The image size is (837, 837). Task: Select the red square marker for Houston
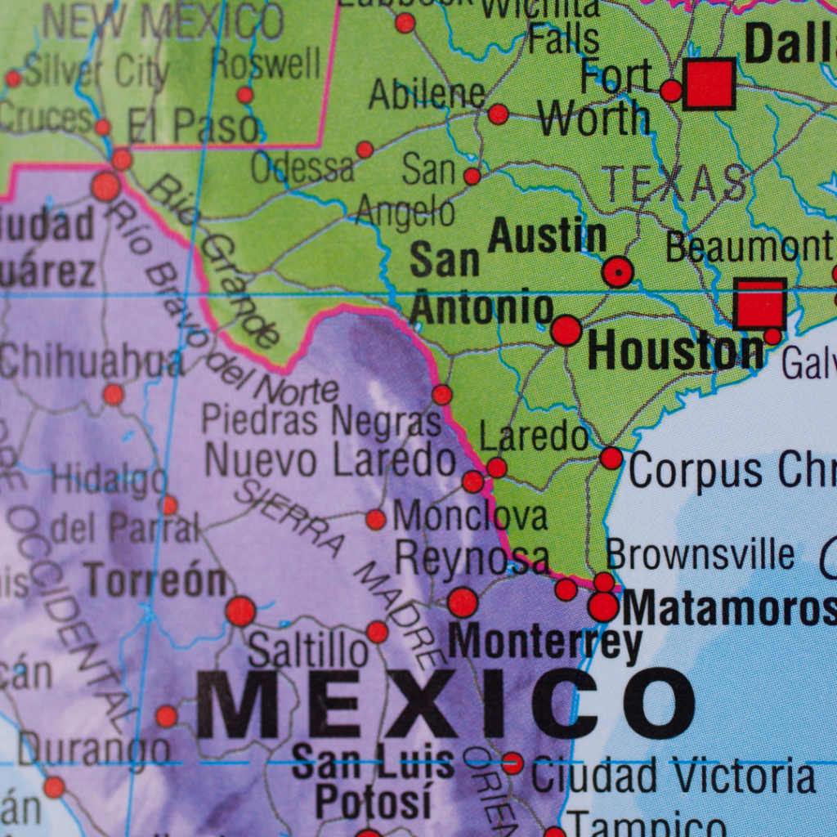pos(759,304)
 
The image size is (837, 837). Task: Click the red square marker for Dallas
pos(709,84)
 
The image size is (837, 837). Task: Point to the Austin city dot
pos(618,271)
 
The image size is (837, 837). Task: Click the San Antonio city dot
pos(566,330)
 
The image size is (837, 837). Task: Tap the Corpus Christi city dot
pos(611,458)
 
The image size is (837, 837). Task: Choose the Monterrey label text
pos(545,642)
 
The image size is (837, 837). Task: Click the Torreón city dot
pos(240,611)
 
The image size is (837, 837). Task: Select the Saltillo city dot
pos(377,631)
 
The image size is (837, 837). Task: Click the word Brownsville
pos(700,555)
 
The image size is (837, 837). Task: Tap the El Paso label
pos(194,127)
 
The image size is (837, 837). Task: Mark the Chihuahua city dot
pos(113,395)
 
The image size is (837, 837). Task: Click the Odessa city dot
pos(365,150)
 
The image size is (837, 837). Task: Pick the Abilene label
pos(427,95)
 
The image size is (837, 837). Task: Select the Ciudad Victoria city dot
pos(512,763)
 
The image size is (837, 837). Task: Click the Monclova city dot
pos(376,519)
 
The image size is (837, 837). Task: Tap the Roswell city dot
pos(244,95)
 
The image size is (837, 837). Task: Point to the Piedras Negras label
pos(321,421)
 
